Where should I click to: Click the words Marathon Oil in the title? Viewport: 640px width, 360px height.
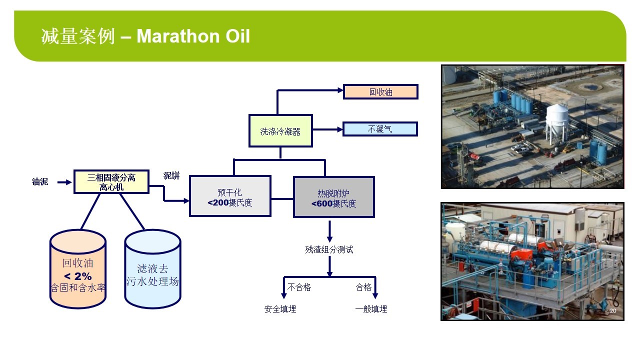click(x=193, y=36)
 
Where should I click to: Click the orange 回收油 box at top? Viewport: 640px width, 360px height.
click(x=380, y=91)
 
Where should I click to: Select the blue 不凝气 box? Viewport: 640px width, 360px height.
click(x=380, y=129)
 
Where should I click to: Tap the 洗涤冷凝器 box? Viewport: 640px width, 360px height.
click(x=280, y=131)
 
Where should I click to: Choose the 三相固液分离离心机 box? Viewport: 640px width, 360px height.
click(x=111, y=182)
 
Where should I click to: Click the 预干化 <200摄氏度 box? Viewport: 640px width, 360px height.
click(x=230, y=196)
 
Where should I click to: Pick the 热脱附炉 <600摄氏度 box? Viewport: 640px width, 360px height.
click(x=333, y=197)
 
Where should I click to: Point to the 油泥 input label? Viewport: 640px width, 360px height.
click(x=40, y=181)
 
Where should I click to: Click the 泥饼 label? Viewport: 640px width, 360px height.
click(x=171, y=175)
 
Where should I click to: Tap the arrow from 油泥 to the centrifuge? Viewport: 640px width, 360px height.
click(x=64, y=182)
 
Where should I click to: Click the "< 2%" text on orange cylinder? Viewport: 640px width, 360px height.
click(x=77, y=276)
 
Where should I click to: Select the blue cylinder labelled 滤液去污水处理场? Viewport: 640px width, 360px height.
click(x=152, y=269)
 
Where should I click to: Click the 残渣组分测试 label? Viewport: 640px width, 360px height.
click(x=329, y=249)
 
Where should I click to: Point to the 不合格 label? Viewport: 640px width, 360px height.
click(x=299, y=287)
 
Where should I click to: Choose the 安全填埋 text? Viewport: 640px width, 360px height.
click(x=280, y=309)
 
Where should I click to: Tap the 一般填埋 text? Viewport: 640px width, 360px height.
click(x=371, y=309)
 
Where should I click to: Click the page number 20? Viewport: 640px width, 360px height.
click(x=613, y=311)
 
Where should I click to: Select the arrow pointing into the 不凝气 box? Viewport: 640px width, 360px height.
click(x=327, y=129)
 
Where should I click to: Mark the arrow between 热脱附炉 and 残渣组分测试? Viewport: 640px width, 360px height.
click(x=329, y=231)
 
